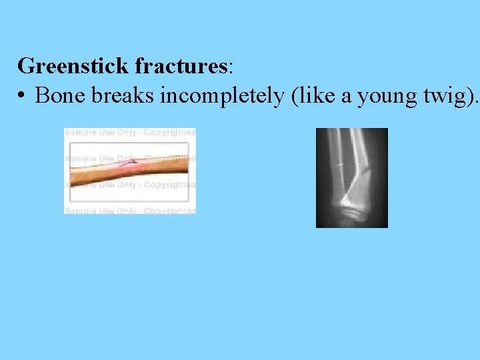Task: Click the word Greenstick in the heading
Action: pyautogui.click(x=73, y=67)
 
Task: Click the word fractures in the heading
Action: pyautogui.click(x=181, y=67)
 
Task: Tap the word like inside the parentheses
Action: pyautogui.click(x=315, y=96)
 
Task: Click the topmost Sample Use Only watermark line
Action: pyautogui.click(x=130, y=133)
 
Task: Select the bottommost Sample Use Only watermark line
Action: pyautogui.click(x=130, y=210)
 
